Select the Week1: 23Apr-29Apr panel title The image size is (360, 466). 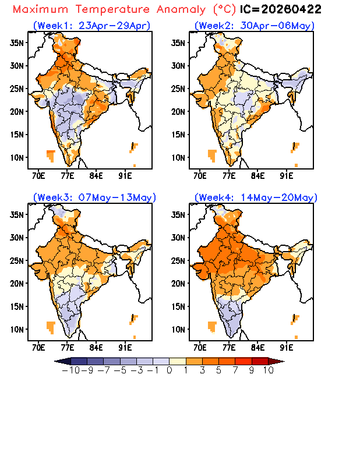[91, 26]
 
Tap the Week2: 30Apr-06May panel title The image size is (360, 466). [254, 26]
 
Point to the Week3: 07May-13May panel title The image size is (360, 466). [94, 197]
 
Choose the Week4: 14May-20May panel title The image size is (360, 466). [255, 197]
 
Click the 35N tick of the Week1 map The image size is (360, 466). [18, 43]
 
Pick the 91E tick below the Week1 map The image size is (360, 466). [125, 174]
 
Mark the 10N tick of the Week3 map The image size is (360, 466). [18, 329]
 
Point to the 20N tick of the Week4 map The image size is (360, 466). [180, 284]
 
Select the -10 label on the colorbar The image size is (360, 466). [70, 370]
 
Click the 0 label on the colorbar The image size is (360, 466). [169, 370]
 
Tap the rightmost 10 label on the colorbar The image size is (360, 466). [268, 370]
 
